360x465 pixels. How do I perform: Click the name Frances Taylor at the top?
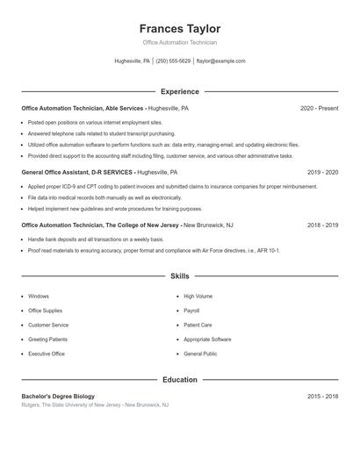pyautogui.click(x=180, y=29)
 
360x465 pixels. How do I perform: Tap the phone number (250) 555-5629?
pyautogui.click(x=173, y=61)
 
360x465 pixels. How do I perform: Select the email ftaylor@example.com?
pyautogui.click(x=220, y=61)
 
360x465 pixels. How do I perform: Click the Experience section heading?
pyautogui.click(x=180, y=91)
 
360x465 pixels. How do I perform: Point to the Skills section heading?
pyautogui.click(x=180, y=276)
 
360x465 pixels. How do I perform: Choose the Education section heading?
pyautogui.click(x=180, y=380)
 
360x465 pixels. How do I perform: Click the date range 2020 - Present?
pyautogui.click(x=319, y=108)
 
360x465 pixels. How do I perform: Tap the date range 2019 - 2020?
pyautogui.click(x=322, y=173)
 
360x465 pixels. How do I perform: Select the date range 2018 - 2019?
pyautogui.click(x=322, y=225)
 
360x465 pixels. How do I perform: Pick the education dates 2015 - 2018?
pyautogui.click(x=322, y=397)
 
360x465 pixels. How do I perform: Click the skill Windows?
pyautogui.click(x=39, y=297)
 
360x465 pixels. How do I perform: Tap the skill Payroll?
pyautogui.click(x=191, y=311)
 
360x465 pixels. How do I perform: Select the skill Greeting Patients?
pyautogui.click(x=47, y=339)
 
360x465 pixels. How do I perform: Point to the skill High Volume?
pyautogui.click(x=198, y=297)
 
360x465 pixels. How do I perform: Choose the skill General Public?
pyautogui.click(x=200, y=354)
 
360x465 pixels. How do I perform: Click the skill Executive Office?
pyautogui.click(x=47, y=354)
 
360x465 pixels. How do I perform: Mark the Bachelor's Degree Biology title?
pyautogui.click(x=58, y=397)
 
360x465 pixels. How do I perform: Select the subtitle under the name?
pyautogui.click(x=180, y=42)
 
